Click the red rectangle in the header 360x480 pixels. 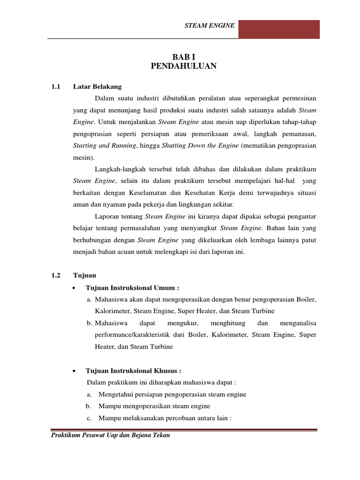(x=279, y=29)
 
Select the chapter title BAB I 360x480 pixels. (x=184, y=57)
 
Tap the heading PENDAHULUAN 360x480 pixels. (x=184, y=66)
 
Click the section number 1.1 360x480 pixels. (x=56, y=86)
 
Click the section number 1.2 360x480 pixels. (x=56, y=275)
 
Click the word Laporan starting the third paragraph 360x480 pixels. (x=108, y=217)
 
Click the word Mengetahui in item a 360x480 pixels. (x=118, y=394)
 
